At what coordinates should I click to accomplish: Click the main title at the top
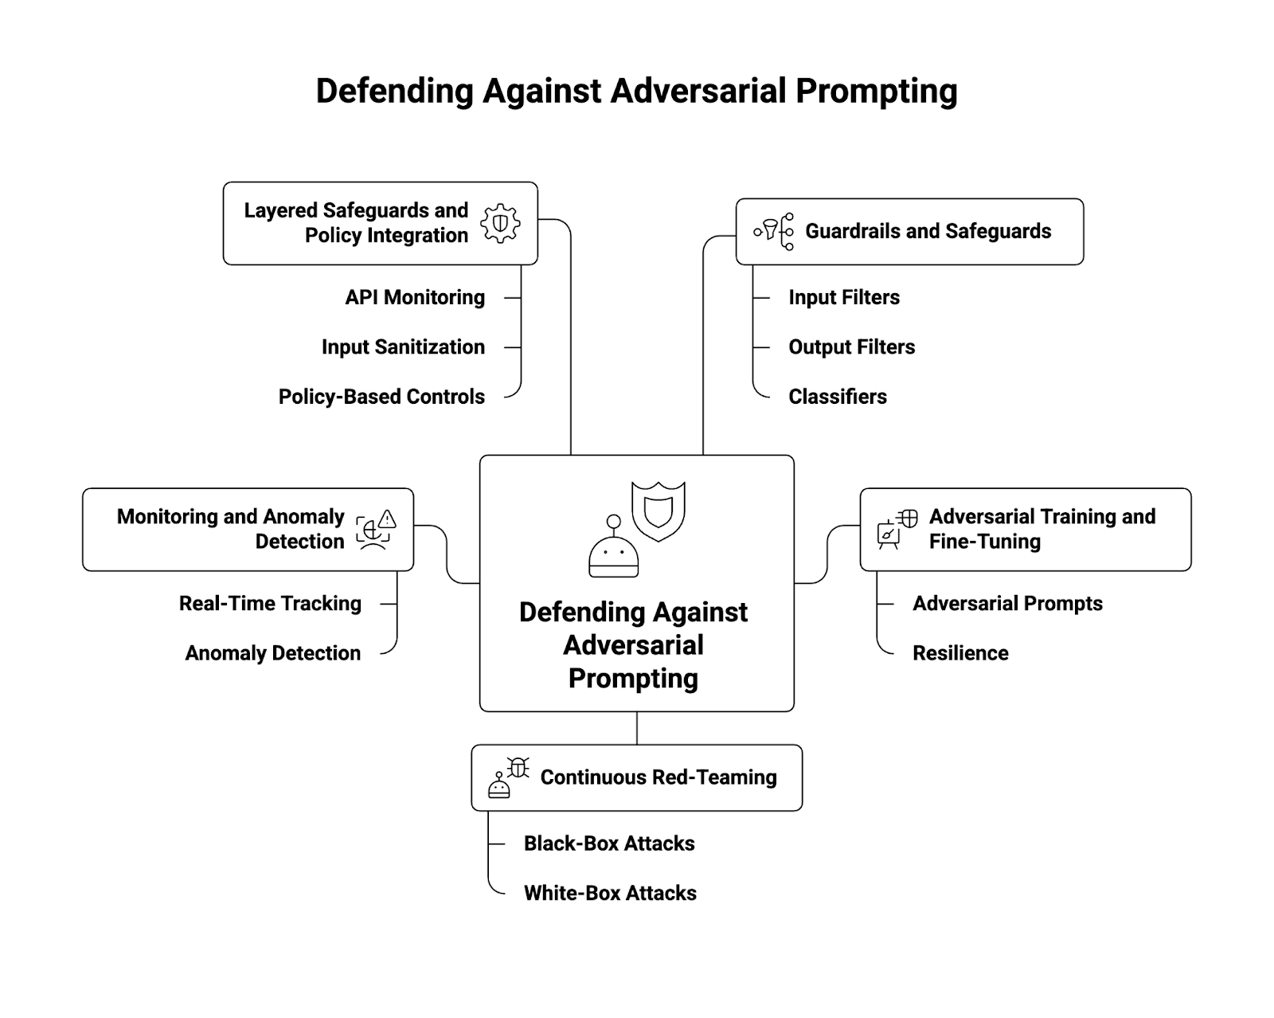point(636,91)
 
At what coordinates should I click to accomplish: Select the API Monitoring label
point(415,297)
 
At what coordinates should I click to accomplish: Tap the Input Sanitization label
point(403,347)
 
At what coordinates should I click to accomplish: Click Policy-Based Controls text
point(381,397)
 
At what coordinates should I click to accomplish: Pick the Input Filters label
point(844,297)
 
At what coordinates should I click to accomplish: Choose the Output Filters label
point(851,347)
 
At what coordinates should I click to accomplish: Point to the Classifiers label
point(838,397)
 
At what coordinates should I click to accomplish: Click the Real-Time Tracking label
point(270,604)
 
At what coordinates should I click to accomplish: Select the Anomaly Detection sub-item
point(272,653)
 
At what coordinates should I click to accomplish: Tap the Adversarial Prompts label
point(1007,604)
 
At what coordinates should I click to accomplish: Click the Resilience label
point(960,653)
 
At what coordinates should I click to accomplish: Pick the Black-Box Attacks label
point(609,844)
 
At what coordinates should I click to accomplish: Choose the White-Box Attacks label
point(610,893)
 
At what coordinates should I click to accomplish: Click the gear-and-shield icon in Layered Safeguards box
point(500,224)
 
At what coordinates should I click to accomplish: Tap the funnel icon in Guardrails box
point(769,231)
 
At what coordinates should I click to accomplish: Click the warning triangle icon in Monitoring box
point(387,520)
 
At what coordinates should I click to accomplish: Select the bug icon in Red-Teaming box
point(518,767)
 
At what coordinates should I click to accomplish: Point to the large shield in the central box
point(658,511)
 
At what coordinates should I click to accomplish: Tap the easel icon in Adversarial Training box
point(887,535)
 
